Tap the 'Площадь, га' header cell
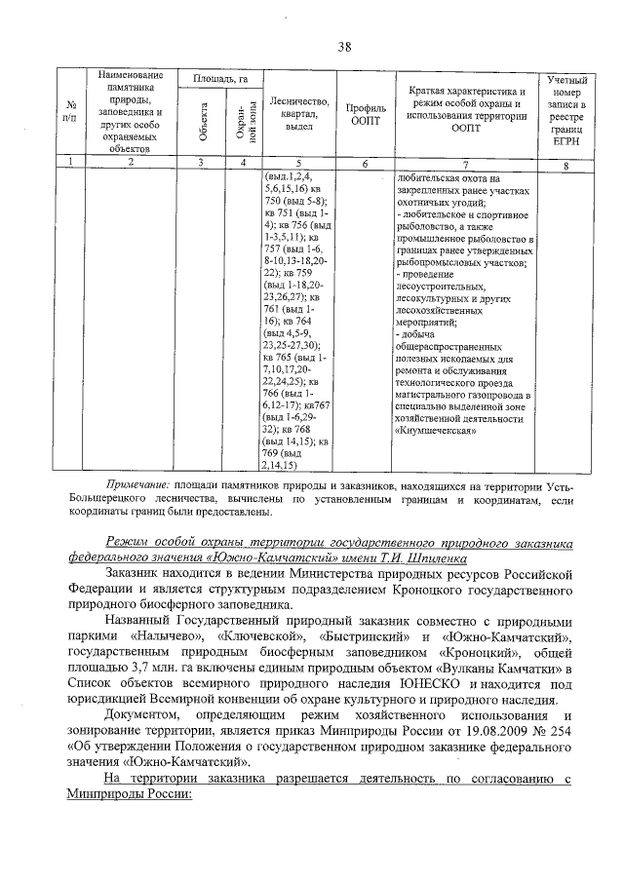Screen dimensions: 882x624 pos(215,77)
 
